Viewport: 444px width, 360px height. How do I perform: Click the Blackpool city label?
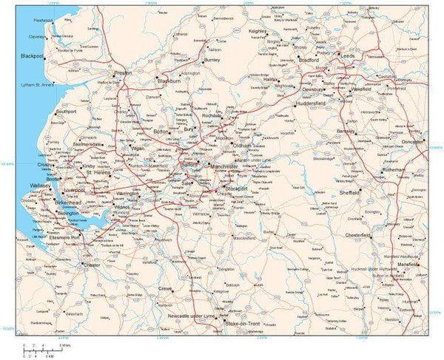[x=33, y=55]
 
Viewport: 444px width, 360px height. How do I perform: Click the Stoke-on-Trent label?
[x=240, y=324]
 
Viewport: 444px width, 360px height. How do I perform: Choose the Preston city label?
[x=123, y=73]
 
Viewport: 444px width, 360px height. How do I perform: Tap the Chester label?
[x=92, y=265]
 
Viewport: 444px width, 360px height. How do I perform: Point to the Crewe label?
[x=165, y=288]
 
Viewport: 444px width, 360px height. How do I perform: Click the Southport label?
[x=66, y=112]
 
